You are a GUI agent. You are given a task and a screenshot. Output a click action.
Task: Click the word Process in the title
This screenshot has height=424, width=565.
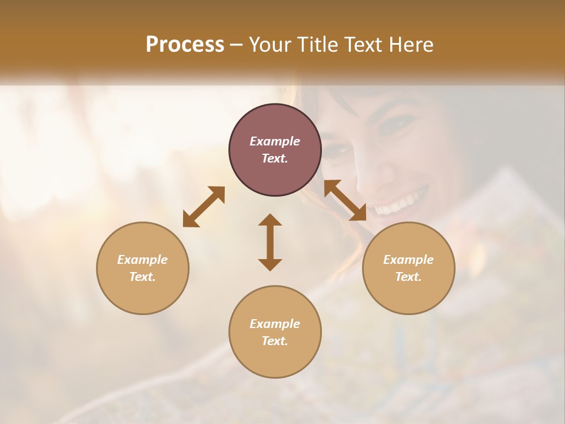click(x=185, y=45)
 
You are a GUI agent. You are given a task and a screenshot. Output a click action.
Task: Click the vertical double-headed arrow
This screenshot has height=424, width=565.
click(x=270, y=242)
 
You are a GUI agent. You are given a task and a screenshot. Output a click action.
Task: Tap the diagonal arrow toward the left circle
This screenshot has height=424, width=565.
click(x=204, y=207)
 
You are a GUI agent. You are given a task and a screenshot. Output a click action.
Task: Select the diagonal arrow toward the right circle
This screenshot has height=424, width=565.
click(x=345, y=200)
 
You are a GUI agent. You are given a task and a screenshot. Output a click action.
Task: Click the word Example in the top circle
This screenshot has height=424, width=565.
click(x=275, y=141)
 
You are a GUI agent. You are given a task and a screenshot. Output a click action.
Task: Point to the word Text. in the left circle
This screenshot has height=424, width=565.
click(x=142, y=277)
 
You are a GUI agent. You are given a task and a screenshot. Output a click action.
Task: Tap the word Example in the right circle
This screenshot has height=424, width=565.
click(x=408, y=260)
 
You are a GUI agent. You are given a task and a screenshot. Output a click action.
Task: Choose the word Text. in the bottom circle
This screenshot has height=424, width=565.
click(x=275, y=341)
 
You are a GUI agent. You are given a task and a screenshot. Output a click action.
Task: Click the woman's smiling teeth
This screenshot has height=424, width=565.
click(x=400, y=204)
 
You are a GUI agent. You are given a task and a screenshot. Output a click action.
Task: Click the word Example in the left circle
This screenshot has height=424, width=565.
click(x=142, y=260)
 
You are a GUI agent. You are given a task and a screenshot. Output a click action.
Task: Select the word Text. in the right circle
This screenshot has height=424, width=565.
click(x=408, y=277)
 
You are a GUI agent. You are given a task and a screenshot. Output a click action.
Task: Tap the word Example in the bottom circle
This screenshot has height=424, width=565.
click(x=275, y=324)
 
